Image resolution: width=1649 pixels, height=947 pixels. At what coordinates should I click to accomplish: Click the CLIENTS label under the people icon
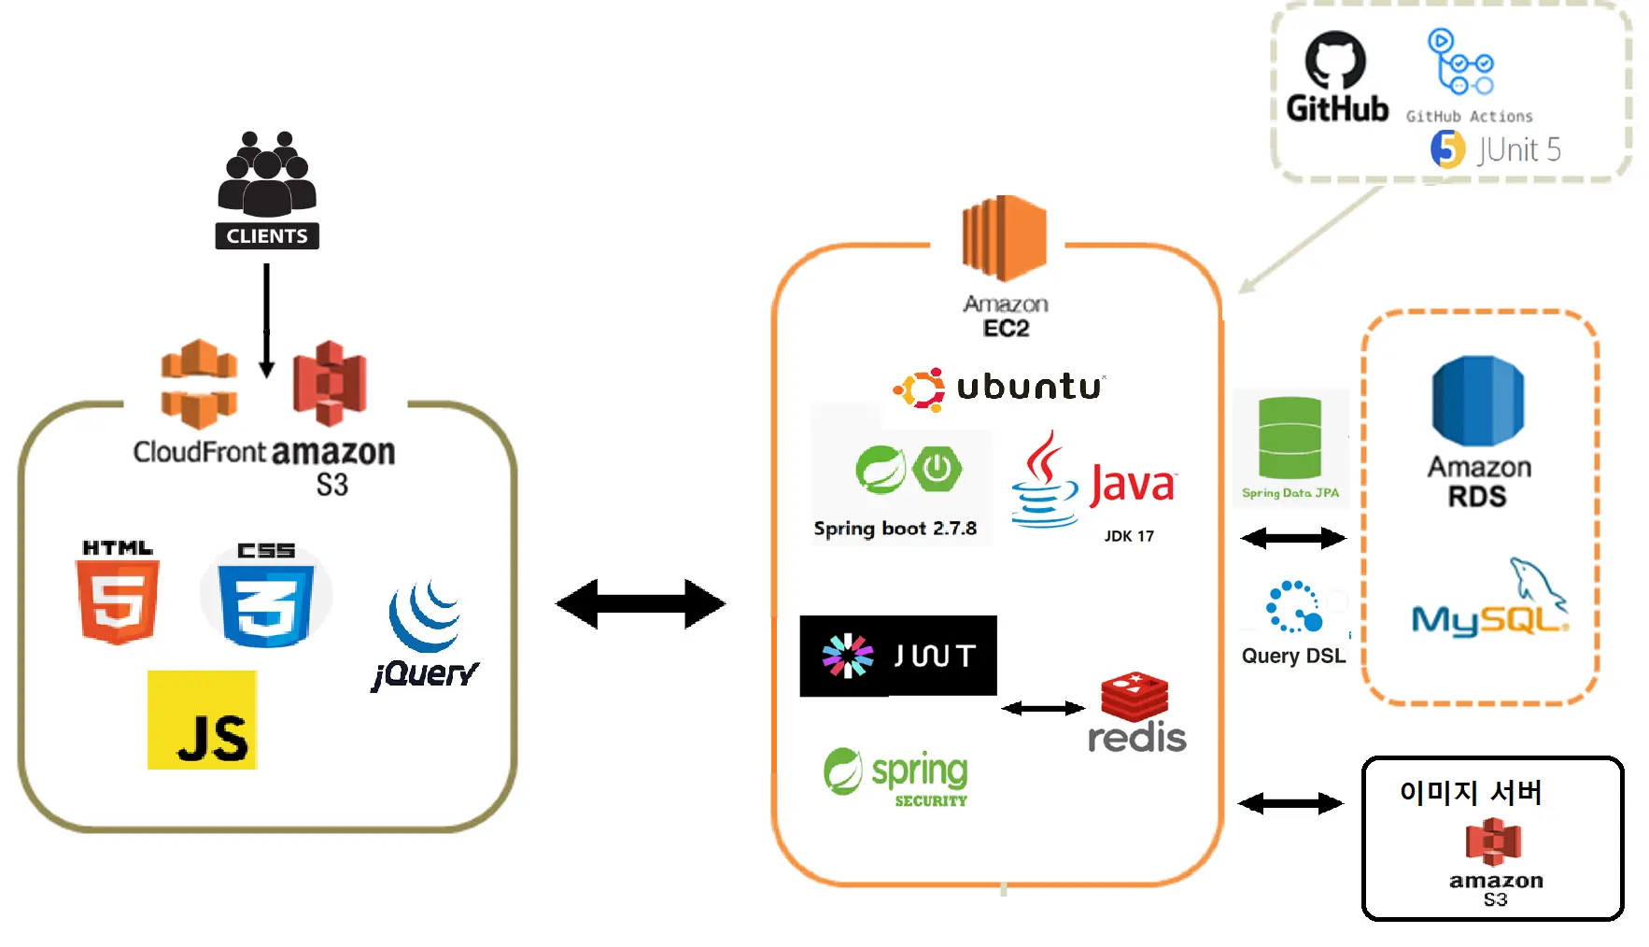coord(267,236)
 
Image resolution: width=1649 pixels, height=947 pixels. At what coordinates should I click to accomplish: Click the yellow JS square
coord(202,720)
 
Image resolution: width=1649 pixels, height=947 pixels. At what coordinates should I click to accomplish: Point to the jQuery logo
coord(425,635)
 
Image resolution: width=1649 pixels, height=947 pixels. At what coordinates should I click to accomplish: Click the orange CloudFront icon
coord(199,384)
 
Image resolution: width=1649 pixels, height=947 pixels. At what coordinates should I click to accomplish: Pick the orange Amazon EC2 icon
coord(1005,238)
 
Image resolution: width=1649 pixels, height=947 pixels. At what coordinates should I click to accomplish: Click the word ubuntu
coord(1029,387)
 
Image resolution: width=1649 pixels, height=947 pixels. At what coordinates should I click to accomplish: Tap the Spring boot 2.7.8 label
coord(895,529)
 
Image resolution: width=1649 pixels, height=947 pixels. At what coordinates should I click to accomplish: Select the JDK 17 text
coord(1129,536)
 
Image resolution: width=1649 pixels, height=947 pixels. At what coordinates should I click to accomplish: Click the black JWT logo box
coord(898,656)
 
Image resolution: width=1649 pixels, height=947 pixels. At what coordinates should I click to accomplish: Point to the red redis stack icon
coord(1135,696)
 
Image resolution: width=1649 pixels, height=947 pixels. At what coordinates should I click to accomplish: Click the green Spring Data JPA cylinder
coord(1290,438)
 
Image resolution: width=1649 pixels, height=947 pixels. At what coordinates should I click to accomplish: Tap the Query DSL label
coord(1293,656)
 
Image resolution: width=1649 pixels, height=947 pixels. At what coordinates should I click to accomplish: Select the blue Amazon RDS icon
coord(1478,401)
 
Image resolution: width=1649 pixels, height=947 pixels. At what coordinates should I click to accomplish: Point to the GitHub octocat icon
coord(1335,61)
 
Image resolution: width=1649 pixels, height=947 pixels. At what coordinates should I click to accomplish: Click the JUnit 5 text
coord(1519,149)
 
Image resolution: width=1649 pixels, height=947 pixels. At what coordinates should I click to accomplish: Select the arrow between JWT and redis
coord(1043,709)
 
